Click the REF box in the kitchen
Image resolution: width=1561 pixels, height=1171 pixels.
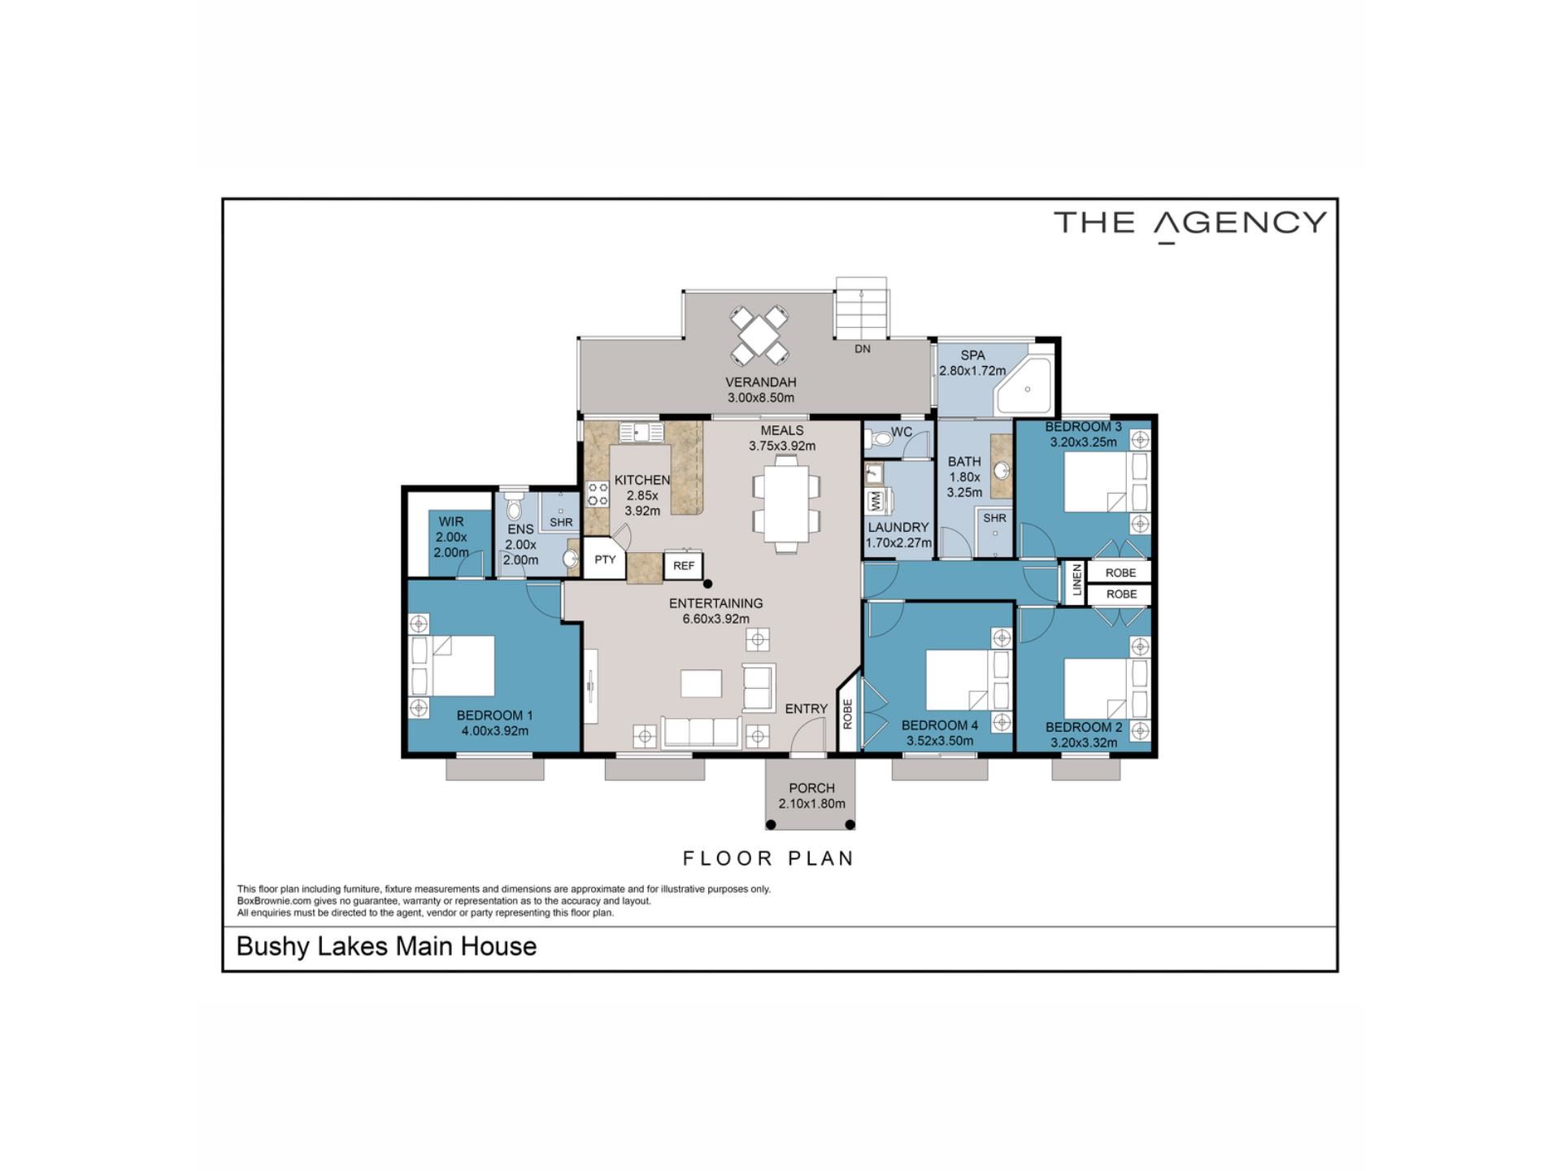pos(683,565)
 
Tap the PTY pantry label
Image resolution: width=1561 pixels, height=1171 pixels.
pos(605,559)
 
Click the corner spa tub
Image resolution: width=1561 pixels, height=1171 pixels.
pos(1025,385)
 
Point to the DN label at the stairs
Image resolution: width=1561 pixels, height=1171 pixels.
pos(863,349)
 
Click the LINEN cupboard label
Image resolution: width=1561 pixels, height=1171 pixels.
pos(1077,580)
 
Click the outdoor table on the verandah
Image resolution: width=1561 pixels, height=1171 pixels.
pos(759,333)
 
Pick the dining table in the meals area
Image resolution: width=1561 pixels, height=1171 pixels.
pos(786,504)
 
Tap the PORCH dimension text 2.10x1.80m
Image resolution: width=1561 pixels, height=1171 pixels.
pos(811,803)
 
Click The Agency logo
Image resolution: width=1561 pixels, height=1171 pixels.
pos(1190,224)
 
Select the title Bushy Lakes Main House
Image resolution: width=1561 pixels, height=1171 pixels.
pos(386,947)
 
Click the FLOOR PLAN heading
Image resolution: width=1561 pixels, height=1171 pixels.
pos(768,858)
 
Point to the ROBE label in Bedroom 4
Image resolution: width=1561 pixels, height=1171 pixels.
pos(847,714)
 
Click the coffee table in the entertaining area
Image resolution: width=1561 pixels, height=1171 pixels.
pos(701,683)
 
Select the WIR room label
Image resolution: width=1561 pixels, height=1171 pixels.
pos(451,521)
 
